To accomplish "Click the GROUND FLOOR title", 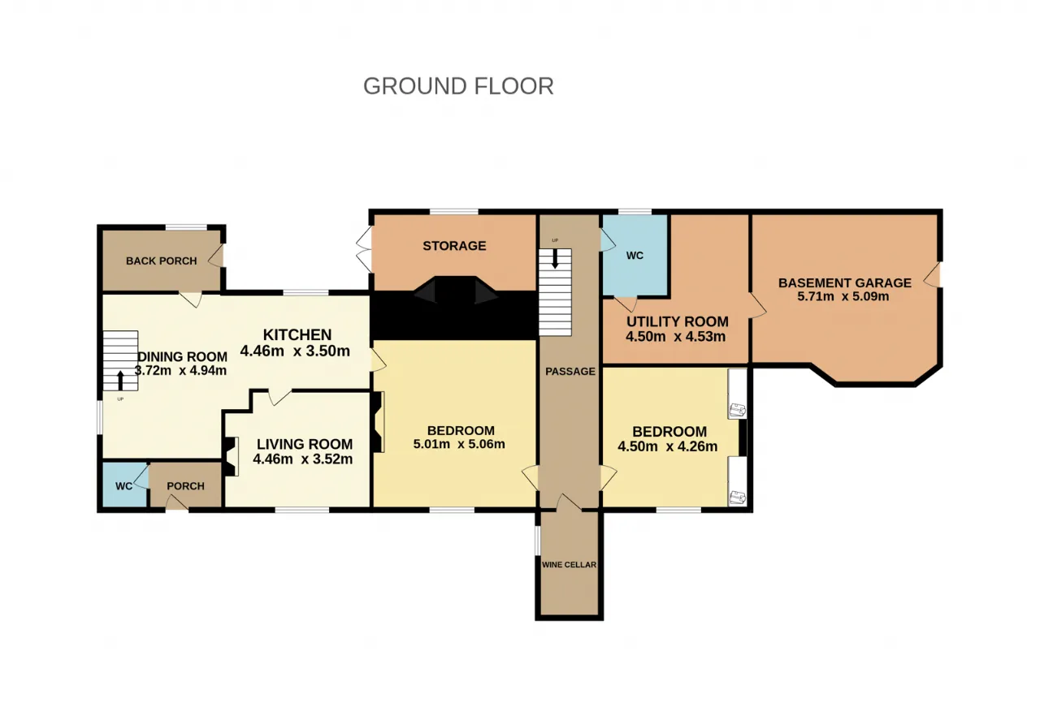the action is point(458,86).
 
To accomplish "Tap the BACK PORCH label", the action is point(162,261).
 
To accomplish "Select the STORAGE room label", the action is point(454,246).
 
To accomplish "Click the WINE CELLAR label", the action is point(570,565).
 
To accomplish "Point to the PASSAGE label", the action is point(570,371).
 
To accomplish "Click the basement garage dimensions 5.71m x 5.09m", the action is point(843,296).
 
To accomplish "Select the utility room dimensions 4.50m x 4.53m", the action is point(675,336).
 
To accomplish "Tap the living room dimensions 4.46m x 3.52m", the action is point(303,459).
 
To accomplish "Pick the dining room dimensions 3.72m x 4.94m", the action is point(180,371).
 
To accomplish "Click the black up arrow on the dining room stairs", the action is point(121,381).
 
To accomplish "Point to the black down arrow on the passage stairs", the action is point(555,259).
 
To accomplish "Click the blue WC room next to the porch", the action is point(124,485).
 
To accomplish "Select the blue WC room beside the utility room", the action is point(635,255).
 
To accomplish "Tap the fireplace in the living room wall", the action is point(230,456).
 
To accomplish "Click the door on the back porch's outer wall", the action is point(216,256).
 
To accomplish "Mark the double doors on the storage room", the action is point(365,249).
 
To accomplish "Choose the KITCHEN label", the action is point(297,334).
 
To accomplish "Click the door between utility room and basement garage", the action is point(756,306).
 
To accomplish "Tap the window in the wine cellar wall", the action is point(538,540).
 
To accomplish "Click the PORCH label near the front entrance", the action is point(185,486).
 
